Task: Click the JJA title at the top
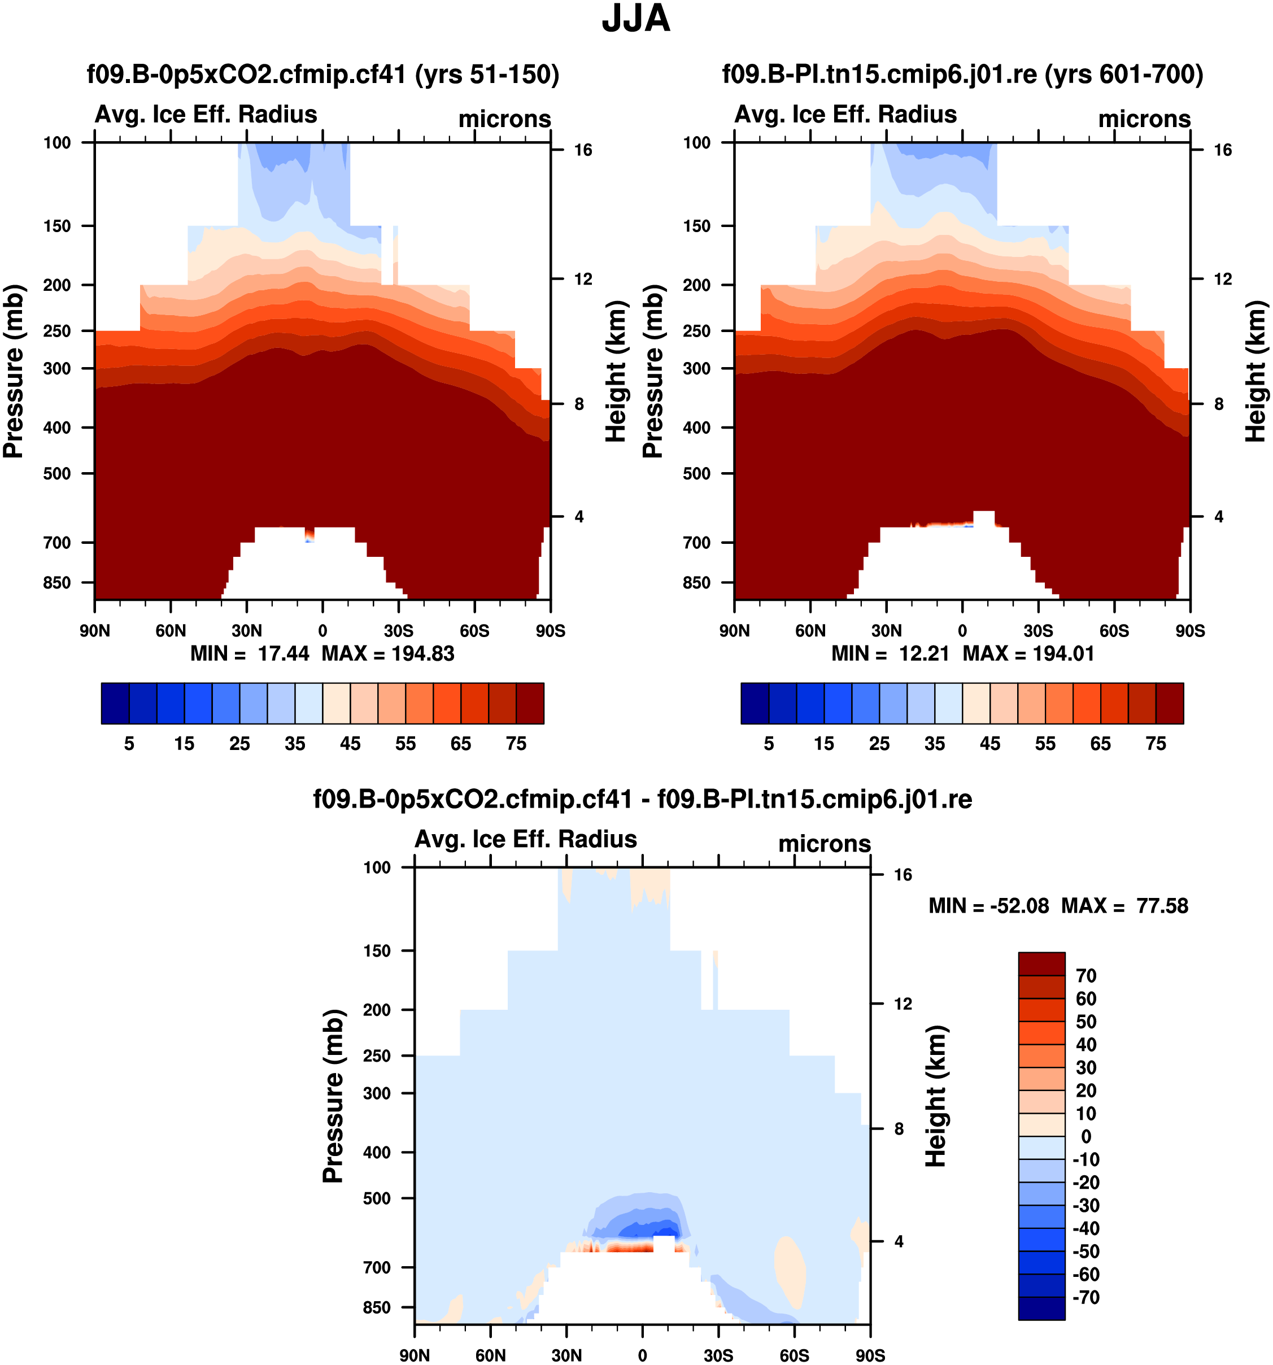click(x=636, y=19)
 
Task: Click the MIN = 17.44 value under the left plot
click(x=250, y=653)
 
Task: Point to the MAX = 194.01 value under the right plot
click(x=1028, y=653)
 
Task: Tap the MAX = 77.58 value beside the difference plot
click(x=1124, y=906)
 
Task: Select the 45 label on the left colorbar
click(x=350, y=744)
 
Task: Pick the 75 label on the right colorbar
click(x=1156, y=744)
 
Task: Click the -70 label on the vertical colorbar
click(x=1085, y=1297)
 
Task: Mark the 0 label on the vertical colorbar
click(x=1085, y=1136)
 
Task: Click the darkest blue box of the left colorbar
click(x=115, y=703)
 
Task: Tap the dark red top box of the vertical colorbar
click(x=1041, y=963)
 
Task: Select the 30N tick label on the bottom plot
click(x=566, y=1355)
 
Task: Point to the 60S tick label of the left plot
click(x=474, y=631)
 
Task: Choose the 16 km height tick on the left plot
click(x=583, y=150)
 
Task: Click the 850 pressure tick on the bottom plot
click(x=376, y=1307)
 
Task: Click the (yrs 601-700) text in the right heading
click(x=1124, y=74)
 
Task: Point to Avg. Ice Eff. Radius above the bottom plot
click(x=525, y=839)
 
